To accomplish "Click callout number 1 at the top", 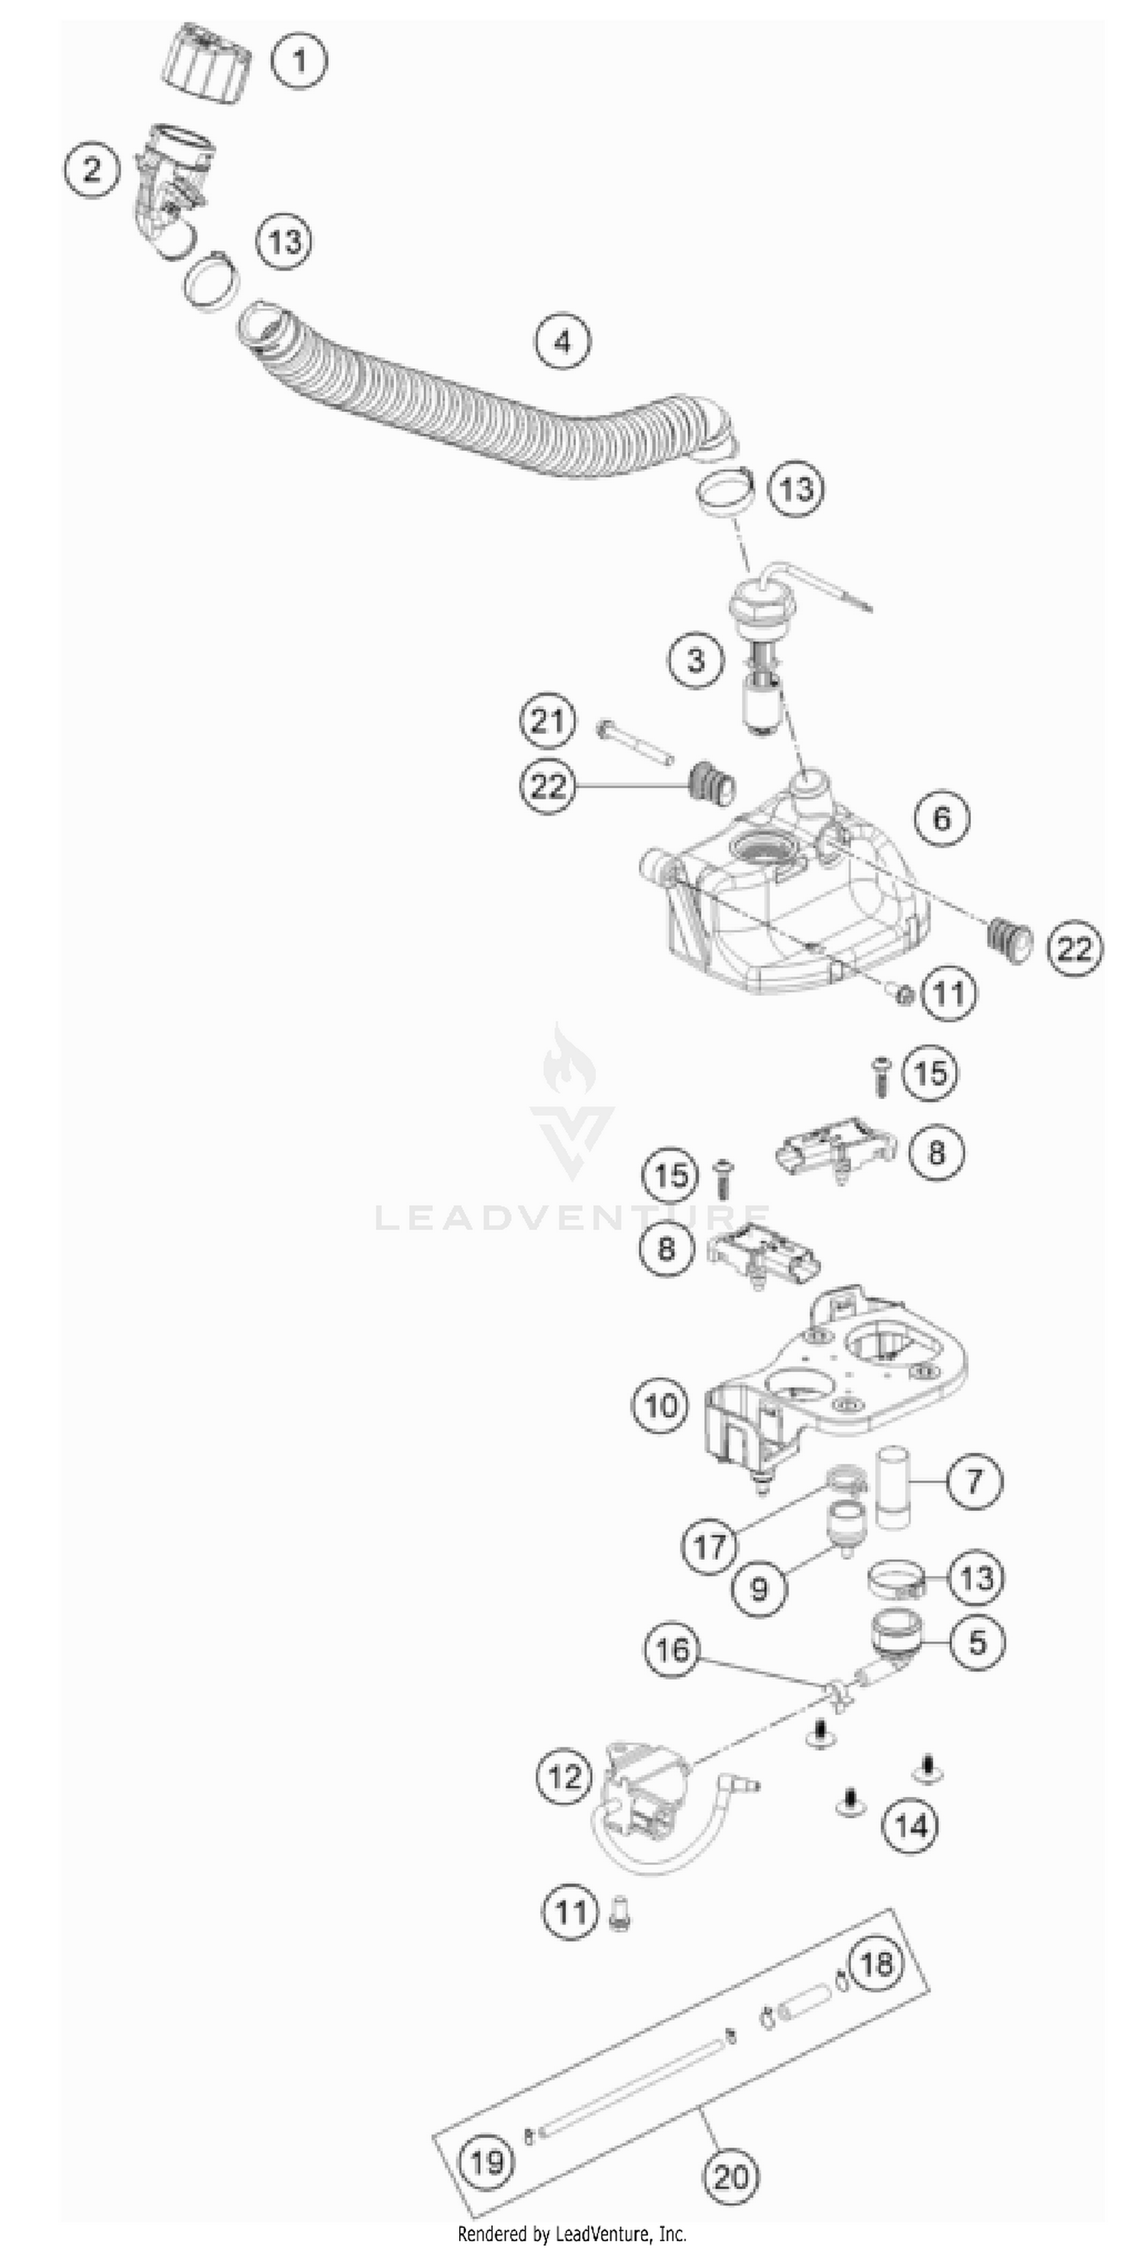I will (299, 61).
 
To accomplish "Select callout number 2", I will (92, 169).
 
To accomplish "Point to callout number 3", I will (696, 659).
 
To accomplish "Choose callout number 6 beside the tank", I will (941, 819).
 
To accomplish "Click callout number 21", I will (548, 722).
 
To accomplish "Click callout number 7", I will (975, 1481).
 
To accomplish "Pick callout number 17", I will (709, 1547).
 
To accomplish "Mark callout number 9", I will (758, 1588).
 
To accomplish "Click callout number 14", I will (911, 1825).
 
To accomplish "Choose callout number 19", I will (487, 2163).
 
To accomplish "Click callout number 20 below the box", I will (731, 2177).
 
